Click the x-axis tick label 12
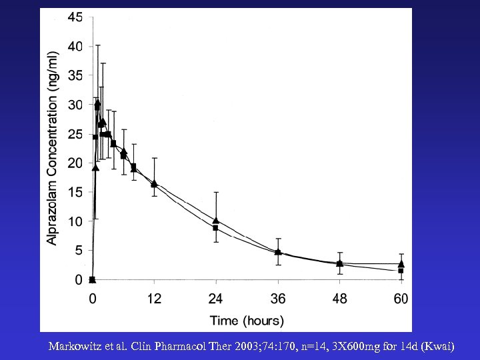pos(154,299)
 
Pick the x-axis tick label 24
pos(215,299)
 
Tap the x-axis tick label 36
pos(277,299)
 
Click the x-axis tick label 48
pos(339,299)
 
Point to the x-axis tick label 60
pos(400,299)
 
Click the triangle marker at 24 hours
pos(216,221)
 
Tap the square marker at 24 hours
pos(216,228)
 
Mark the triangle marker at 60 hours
pos(401,264)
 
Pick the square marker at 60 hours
pos(401,271)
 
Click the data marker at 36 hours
pos(277,253)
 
